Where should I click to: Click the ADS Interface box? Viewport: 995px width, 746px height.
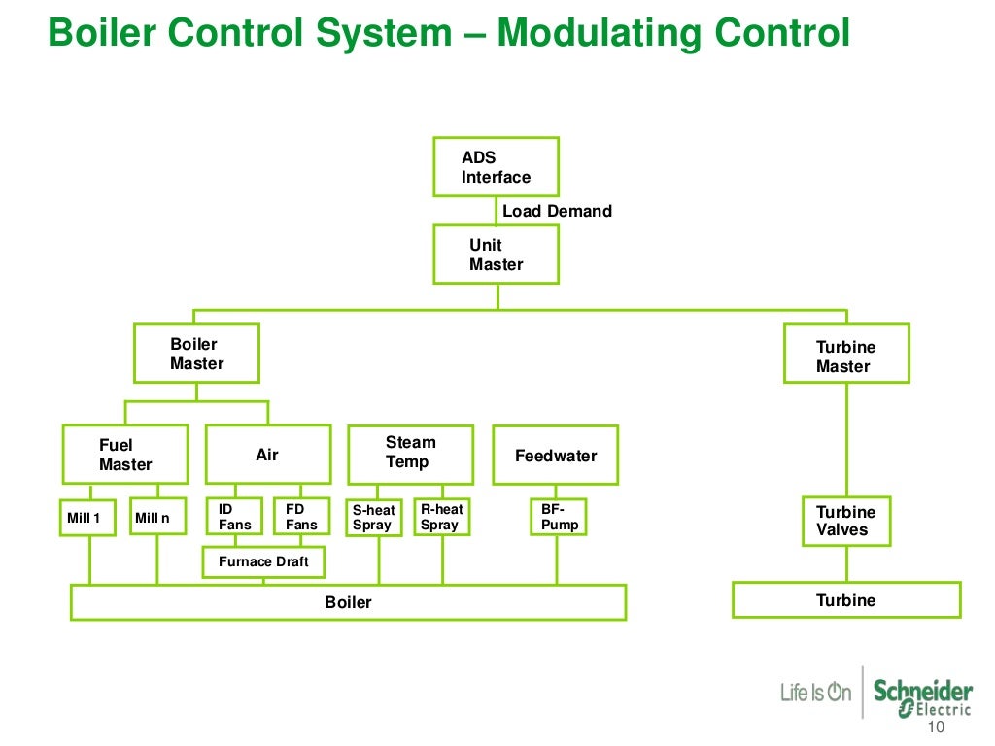point(496,167)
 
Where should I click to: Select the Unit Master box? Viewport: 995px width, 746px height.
point(496,254)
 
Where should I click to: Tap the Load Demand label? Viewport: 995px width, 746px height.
point(557,211)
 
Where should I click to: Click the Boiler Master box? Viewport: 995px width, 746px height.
point(196,354)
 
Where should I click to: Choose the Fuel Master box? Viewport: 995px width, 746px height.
point(125,455)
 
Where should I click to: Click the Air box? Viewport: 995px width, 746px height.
point(267,455)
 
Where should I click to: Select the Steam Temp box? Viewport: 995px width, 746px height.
point(411,455)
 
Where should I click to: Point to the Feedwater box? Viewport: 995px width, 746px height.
point(555,455)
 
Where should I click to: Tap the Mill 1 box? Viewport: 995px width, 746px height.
point(89,517)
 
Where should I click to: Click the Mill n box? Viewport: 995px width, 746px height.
point(156,517)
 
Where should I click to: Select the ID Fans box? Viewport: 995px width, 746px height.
point(234,516)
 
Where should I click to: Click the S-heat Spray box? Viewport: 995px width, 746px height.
point(374,517)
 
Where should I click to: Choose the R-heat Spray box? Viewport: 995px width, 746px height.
point(442,516)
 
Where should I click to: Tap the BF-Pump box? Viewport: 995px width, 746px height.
point(558,516)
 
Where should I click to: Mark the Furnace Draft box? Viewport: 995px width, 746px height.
point(263,561)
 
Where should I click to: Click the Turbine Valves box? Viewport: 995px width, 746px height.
point(846,521)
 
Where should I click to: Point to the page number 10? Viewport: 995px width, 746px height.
point(937,729)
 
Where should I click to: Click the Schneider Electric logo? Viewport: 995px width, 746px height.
point(922,695)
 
